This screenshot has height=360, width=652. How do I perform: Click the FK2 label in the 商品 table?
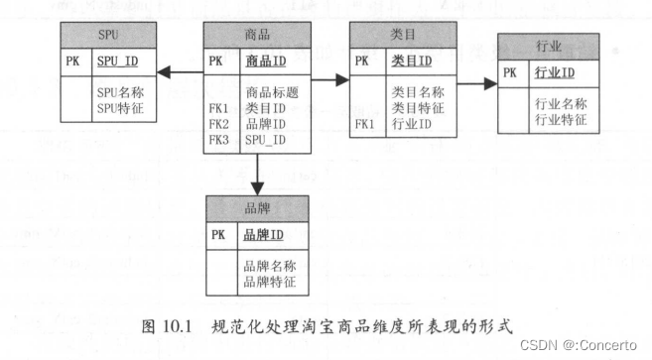click(219, 125)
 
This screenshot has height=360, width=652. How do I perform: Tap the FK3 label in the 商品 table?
click(219, 140)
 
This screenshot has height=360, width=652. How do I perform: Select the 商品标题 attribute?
click(272, 92)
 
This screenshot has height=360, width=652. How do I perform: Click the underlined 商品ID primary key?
click(266, 61)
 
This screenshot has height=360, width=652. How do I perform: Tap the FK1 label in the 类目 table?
click(365, 124)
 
